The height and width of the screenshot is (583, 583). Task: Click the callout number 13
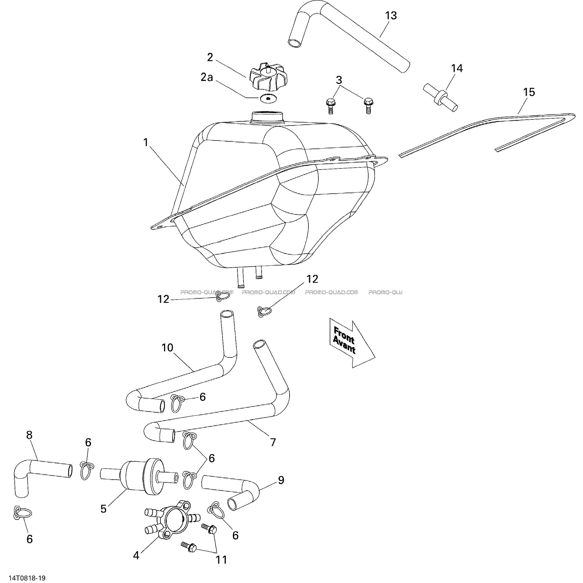pyautogui.click(x=391, y=16)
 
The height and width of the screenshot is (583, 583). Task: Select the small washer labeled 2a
pyautogui.click(x=268, y=99)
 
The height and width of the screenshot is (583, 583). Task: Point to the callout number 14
pyautogui.click(x=457, y=68)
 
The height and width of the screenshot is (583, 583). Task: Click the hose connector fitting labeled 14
pyautogui.click(x=440, y=98)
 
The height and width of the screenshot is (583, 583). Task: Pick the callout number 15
pyautogui.click(x=529, y=92)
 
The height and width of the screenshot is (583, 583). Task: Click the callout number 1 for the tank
pyautogui.click(x=146, y=142)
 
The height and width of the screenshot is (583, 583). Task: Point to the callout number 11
pyautogui.click(x=221, y=560)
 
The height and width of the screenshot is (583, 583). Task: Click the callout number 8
pyautogui.click(x=29, y=435)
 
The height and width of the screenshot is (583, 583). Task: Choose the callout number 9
pyautogui.click(x=281, y=480)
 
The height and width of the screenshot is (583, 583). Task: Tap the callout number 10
pyautogui.click(x=167, y=348)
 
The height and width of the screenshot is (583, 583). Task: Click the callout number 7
pyautogui.click(x=273, y=443)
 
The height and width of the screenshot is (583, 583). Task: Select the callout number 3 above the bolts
pyautogui.click(x=339, y=80)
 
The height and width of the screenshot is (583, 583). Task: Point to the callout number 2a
pyautogui.click(x=207, y=77)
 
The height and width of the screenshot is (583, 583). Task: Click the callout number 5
pyautogui.click(x=104, y=509)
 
